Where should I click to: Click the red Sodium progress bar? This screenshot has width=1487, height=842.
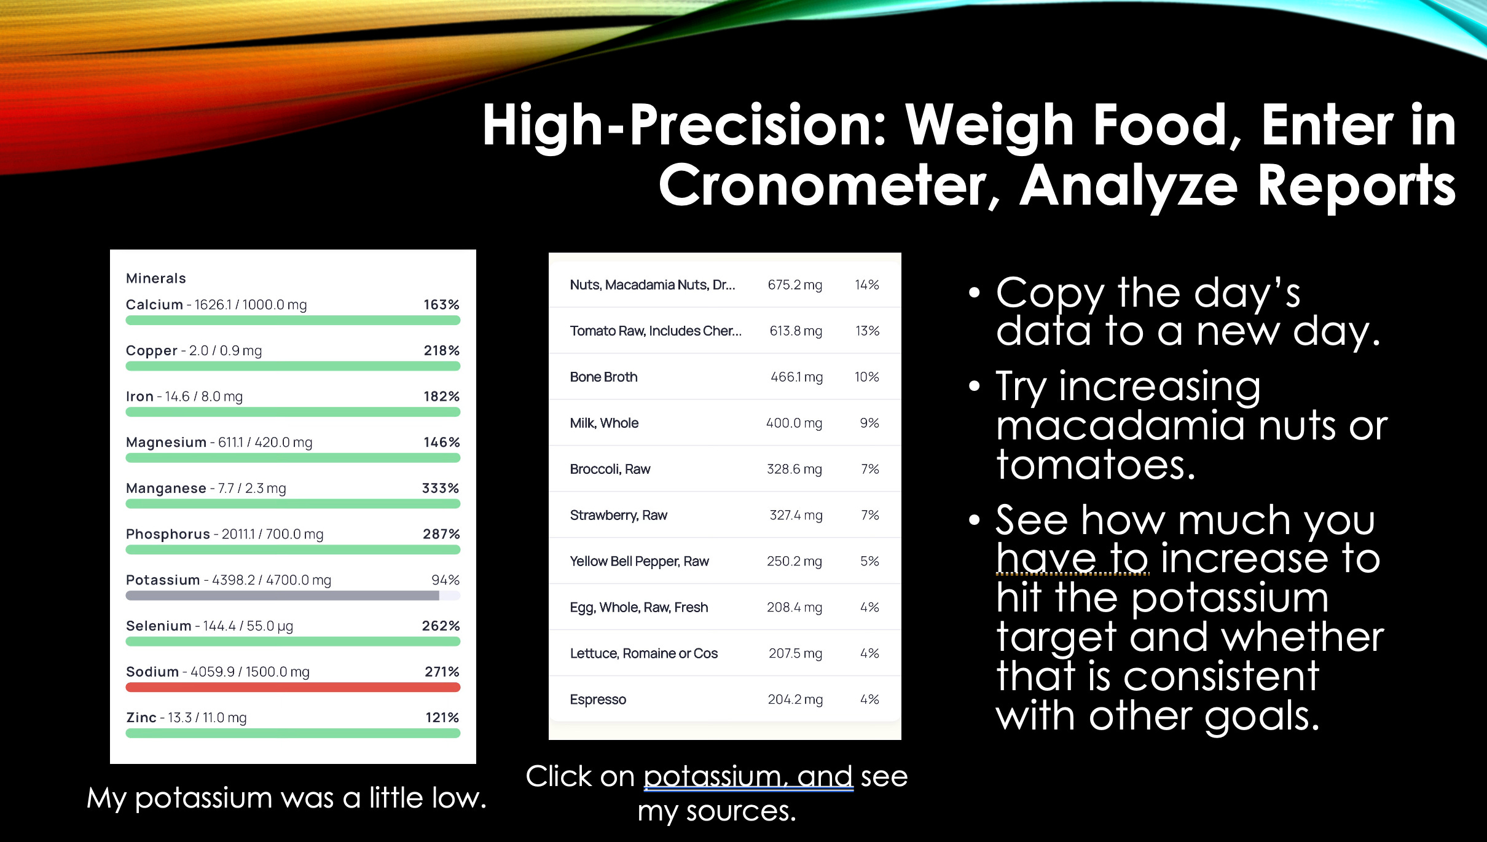pos(292,687)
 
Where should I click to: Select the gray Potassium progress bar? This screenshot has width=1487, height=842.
pos(283,596)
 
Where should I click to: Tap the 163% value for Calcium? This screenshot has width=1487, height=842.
pos(441,305)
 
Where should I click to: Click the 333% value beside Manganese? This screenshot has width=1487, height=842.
pos(440,489)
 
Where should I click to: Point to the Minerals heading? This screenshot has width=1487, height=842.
pos(155,278)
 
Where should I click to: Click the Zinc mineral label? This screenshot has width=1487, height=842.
pos(141,718)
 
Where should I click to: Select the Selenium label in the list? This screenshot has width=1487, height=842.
pos(159,626)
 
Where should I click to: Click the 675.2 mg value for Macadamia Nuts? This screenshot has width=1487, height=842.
pos(795,285)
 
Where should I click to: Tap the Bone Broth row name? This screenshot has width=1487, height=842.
pos(603,377)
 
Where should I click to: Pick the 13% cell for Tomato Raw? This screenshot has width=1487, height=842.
pos(867,331)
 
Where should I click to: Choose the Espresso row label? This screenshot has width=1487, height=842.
pos(598,700)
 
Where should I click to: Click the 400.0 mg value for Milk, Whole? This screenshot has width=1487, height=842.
pos(794,423)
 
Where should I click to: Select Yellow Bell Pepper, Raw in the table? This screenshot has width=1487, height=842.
pos(639,562)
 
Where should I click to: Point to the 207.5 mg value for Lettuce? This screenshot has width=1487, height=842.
pos(795,654)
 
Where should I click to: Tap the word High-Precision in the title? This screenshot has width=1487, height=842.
pos(683,126)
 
